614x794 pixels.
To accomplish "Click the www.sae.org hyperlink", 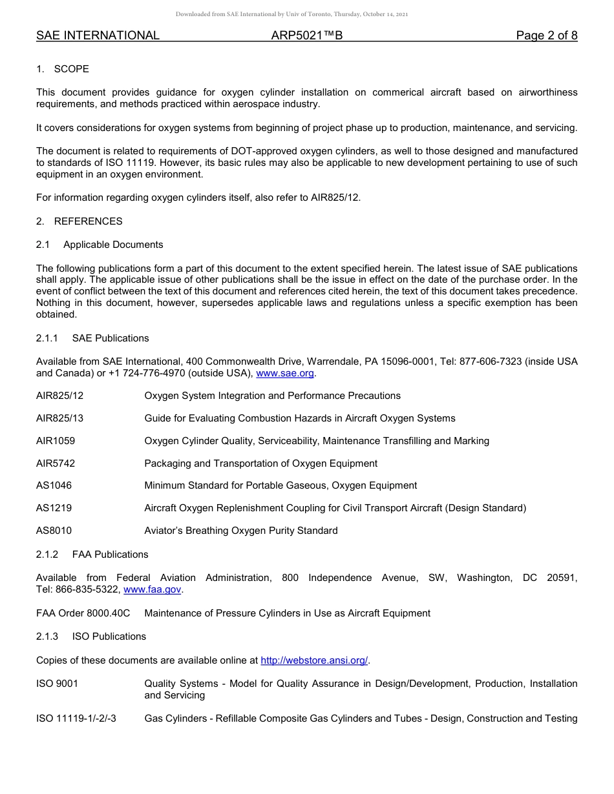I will pos(285,373).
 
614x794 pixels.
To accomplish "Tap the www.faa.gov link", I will pos(153,589).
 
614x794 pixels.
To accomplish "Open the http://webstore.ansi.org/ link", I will pos(314,660).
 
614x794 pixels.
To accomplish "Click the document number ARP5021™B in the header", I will pos(307,36).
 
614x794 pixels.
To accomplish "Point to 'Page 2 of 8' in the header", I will pos(546,36).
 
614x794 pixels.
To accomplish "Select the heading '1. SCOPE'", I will pos(63,69).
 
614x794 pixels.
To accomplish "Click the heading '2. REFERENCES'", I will pos(79,221).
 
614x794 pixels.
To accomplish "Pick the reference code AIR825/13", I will pos(59,418).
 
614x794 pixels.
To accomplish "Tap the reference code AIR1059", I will pos(56,441).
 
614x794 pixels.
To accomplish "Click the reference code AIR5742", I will pos(56,463).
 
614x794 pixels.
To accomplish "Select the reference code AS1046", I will pos(54,485).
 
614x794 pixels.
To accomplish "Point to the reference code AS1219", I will pos(54,508).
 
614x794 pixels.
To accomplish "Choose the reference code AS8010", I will pos(54,531).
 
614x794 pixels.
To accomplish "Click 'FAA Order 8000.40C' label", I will pos(83,613).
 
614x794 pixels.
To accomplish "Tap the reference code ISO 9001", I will pos(57,684).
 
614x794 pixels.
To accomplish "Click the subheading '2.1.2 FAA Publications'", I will pos(92,555).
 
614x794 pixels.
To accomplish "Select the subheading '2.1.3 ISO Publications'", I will pos(90,636).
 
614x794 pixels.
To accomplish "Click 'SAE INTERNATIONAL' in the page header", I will pos(98,36).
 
